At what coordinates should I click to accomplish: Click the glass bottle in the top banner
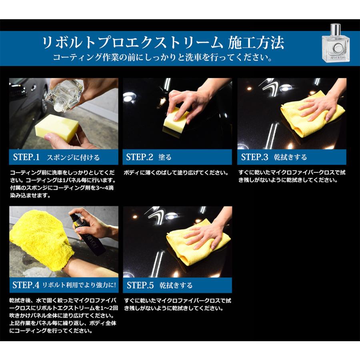point(336,43)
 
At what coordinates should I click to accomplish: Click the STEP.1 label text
point(26,157)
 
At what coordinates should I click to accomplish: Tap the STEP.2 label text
point(140,157)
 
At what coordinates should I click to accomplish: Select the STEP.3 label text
point(254,157)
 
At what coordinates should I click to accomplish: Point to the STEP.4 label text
point(26,285)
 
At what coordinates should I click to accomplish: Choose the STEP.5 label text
point(140,285)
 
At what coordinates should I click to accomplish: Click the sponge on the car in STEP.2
point(176,120)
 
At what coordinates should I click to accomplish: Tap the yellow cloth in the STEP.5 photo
point(197,243)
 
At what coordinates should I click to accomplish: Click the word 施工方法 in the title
point(256,43)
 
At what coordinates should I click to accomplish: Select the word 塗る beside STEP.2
point(165,157)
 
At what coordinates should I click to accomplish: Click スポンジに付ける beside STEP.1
point(73,157)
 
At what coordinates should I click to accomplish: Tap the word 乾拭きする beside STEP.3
point(290,157)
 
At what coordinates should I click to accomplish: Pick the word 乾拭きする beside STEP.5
point(176,285)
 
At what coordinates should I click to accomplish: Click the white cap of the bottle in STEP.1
point(58,106)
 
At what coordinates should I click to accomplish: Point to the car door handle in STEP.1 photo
point(33,88)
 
